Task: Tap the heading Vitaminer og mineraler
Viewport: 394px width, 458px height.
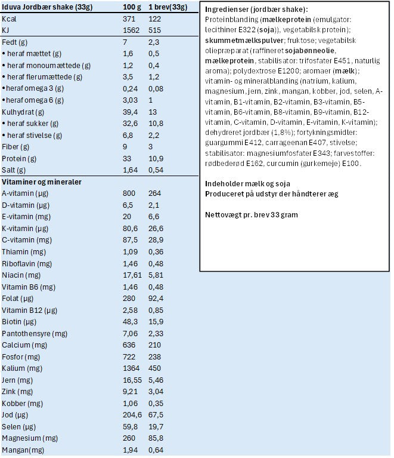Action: [42, 182]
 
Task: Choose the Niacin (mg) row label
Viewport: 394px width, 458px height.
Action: [21, 275]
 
